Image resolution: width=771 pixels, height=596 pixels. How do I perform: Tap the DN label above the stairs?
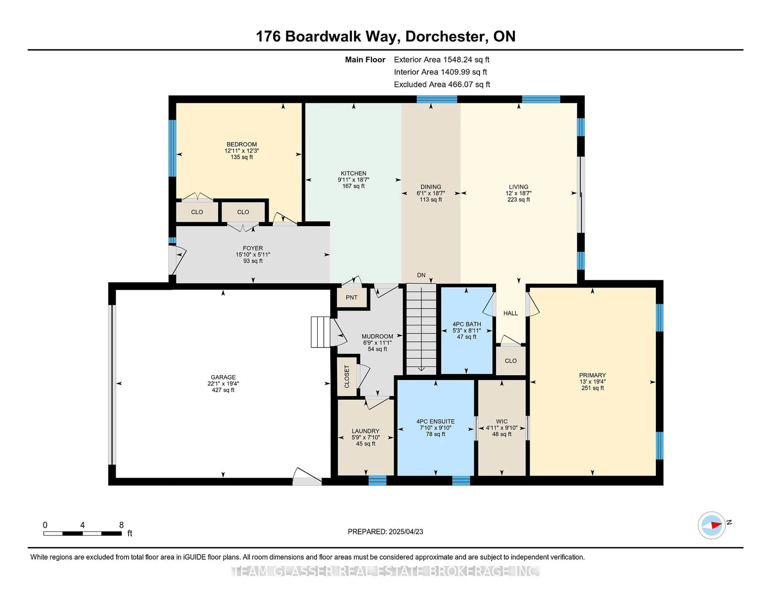click(421, 275)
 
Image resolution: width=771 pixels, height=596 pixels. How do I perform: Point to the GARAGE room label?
click(223, 377)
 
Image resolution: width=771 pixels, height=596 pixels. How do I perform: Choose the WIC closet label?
click(502, 421)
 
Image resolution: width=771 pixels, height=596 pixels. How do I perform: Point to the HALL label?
click(510, 313)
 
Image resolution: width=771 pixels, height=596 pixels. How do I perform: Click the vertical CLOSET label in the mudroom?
click(347, 376)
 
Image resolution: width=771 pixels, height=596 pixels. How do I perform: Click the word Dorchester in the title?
click(445, 36)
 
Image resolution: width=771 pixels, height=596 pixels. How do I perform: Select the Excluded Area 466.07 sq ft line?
click(442, 84)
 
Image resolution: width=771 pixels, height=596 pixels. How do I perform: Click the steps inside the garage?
click(320, 332)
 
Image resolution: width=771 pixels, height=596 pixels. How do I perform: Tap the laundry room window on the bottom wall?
click(377, 481)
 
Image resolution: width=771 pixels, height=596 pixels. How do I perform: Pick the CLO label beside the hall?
click(510, 360)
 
